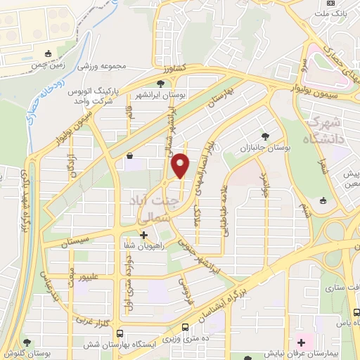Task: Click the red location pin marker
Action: (x=181, y=166)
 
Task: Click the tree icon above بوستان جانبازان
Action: (x=265, y=136)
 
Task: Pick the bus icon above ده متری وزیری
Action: (x=185, y=327)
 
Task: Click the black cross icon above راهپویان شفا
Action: (x=143, y=235)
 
